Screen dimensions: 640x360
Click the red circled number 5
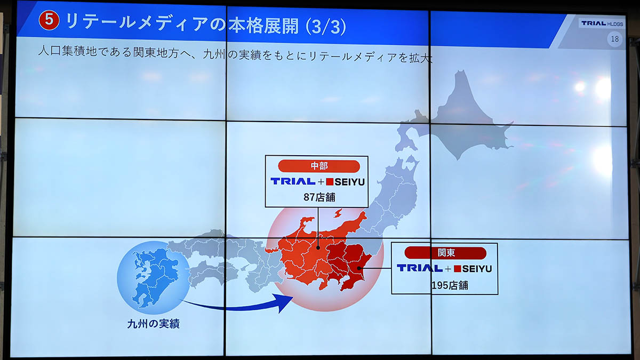coord(49,20)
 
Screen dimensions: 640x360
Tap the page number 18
coord(614,39)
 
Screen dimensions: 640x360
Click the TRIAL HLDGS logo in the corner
coord(602,23)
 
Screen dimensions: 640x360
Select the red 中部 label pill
coord(319,166)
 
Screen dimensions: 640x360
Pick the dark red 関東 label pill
coord(445,253)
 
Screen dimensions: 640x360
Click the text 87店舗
coord(319,197)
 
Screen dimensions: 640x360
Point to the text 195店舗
coord(450,285)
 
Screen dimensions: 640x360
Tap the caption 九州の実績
coord(153,324)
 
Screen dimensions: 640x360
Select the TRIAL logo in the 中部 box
coord(293,181)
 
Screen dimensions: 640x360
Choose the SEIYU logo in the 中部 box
coord(346,182)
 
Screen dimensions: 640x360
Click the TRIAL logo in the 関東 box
coord(420,268)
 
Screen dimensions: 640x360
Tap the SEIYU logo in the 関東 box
coord(473,269)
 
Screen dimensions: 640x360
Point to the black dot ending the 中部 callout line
coord(318,248)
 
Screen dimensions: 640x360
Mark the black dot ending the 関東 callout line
coord(359,268)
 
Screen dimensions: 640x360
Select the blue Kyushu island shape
coord(154,277)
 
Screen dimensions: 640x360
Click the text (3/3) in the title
coord(326,27)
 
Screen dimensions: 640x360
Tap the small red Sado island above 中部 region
coord(338,213)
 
